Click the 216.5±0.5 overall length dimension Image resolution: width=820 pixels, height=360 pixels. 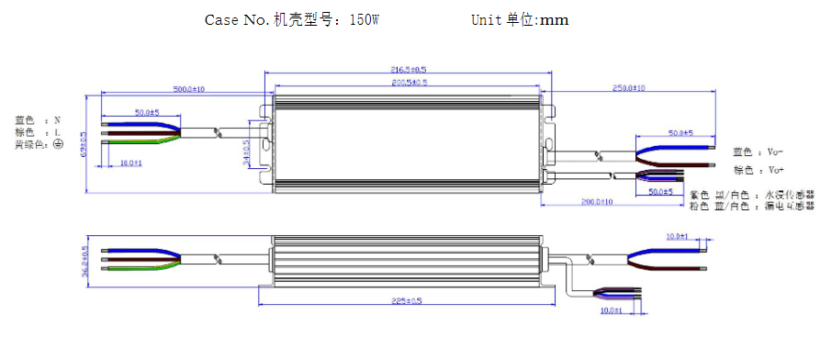pyautogui.click(x=409, y=69)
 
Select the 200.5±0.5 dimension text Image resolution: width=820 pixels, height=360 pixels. pyautogui.click(x=409, y=83)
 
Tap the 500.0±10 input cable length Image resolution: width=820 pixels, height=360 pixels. pyautogui.click(x=189, y=89)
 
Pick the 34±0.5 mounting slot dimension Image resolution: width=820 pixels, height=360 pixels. pyautogui.click(x=246, y=148)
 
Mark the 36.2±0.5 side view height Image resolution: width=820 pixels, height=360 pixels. pyautogui.click(x=84, y=261)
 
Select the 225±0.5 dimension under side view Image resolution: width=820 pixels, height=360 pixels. pyautogui.click(x=407, y=300)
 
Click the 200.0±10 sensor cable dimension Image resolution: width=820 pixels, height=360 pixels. pyautogui.click(x=597, y=201)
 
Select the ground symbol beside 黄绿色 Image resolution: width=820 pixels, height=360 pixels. pyautogui.click(x=58, y=144)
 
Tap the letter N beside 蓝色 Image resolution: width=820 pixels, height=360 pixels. pyautogui.click(x=57, y=119)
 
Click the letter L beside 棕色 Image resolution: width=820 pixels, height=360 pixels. pyautogui.click(x=57, y=132)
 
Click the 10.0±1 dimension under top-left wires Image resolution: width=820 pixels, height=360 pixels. pyautogui.click(x=131, y=163)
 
